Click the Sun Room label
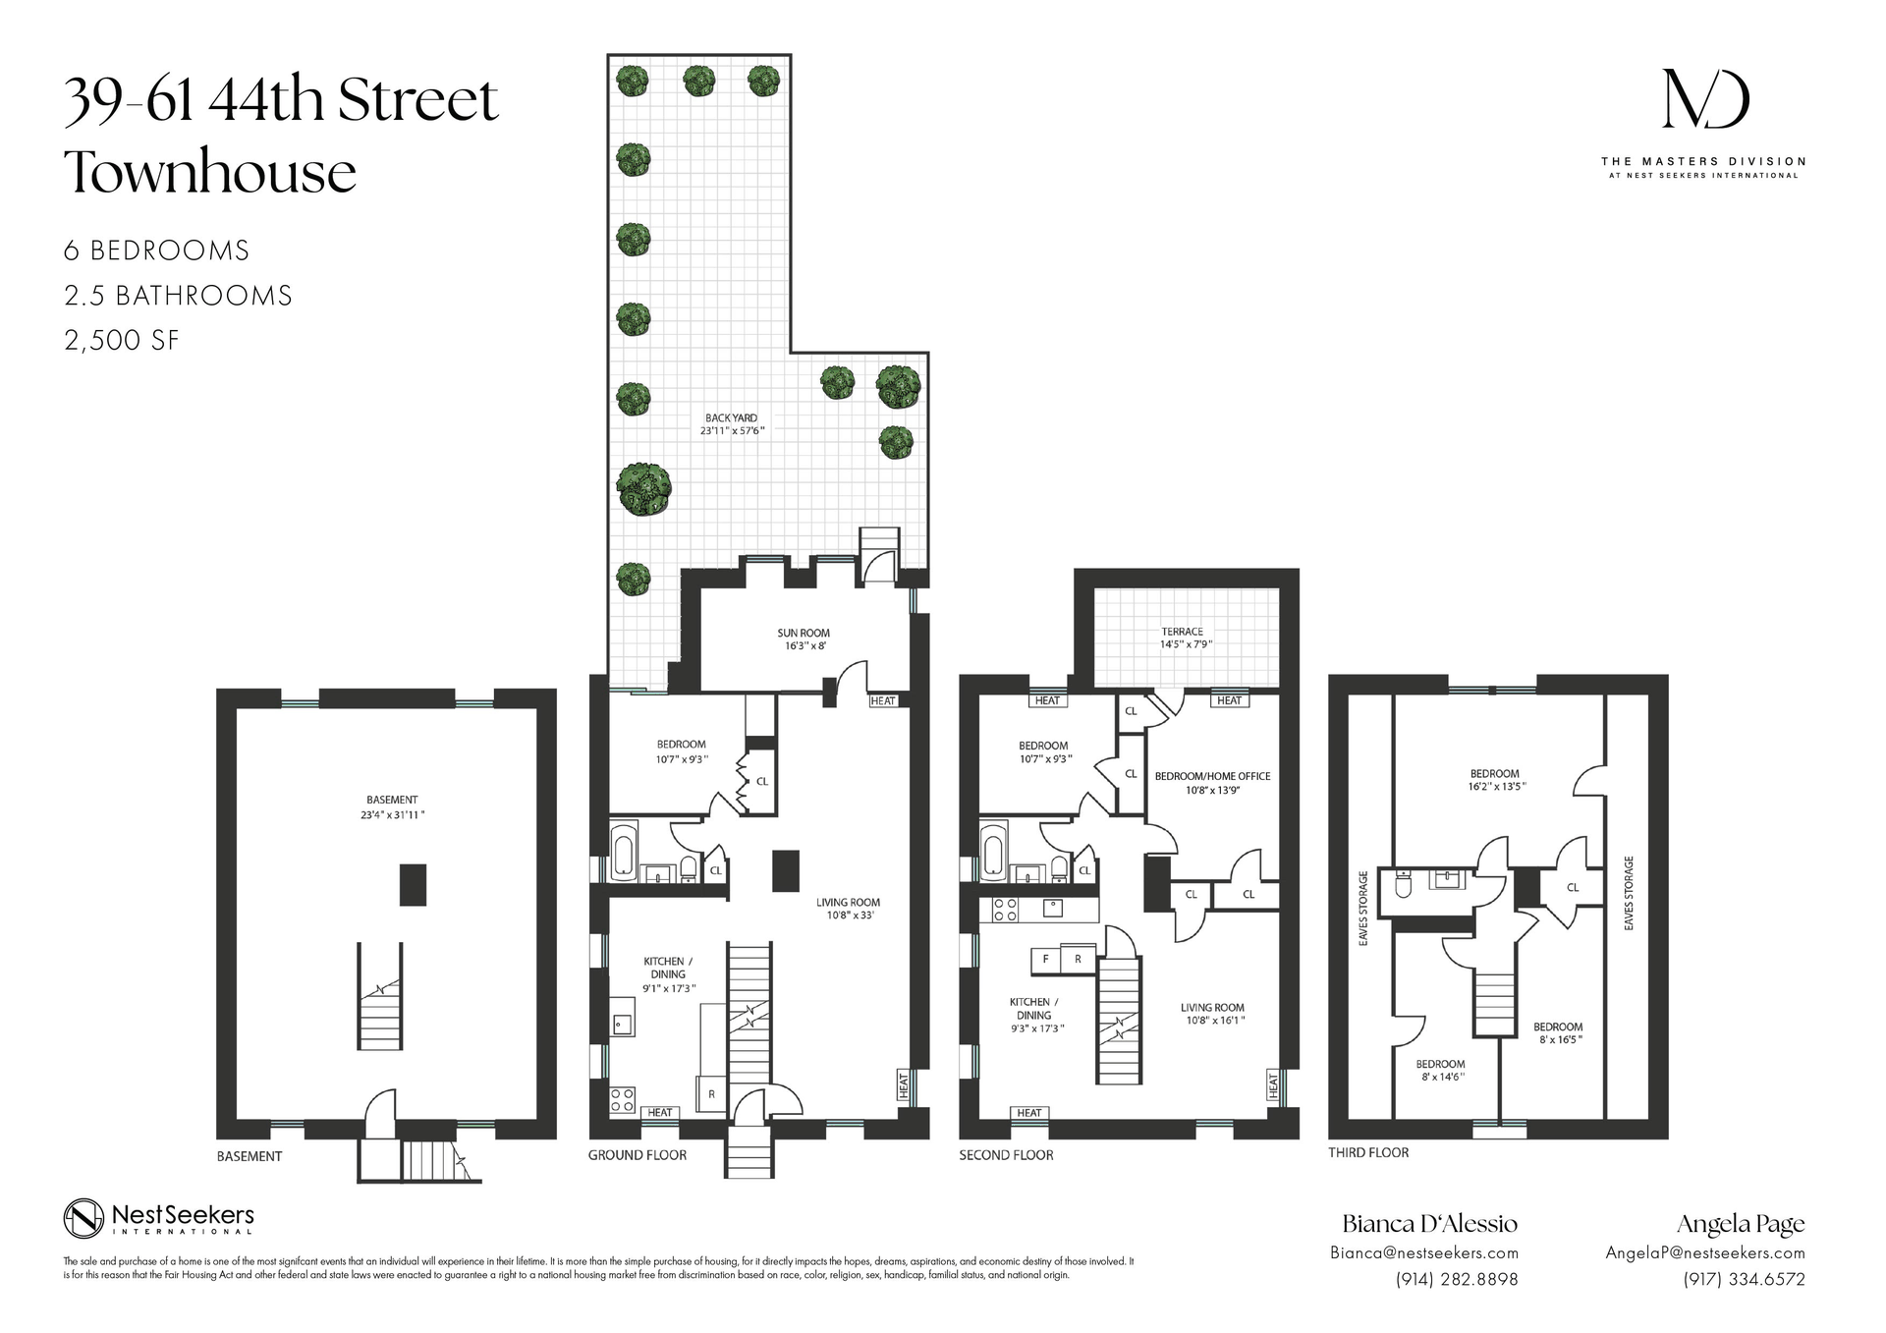(x=804, y=634)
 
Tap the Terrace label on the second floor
(x=1182, y=632)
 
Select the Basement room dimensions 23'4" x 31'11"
(x=392, y=814)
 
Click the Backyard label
(x=731, y=418)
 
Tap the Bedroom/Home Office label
(x=1212, y=776)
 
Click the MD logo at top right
(x=1704, y=99)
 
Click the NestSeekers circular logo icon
(x=83, y=1219)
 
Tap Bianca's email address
(x=1423, y=1252)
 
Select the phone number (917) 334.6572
(x=1744, y=1279)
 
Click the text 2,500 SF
(x=122, y=341)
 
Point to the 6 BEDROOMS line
(x=156, y=250)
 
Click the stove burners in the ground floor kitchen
(x=623, y=1099)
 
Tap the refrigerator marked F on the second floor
(x=1045, y=959)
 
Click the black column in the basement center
(x=413, y=884)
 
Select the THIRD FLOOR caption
(x=1368, y=1152)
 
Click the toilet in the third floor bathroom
(x=1402, y=887)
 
